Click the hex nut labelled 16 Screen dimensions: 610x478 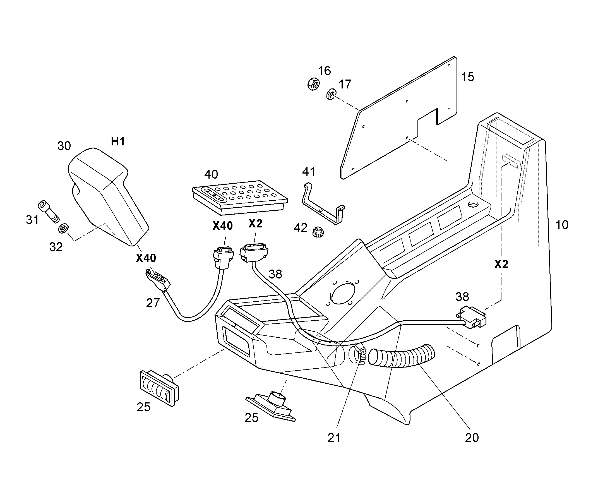tap(314, 84)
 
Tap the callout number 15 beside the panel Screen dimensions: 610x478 tap(468, 77)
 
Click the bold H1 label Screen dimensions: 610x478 tap(118, 141)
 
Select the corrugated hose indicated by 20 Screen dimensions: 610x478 tap(402, 356)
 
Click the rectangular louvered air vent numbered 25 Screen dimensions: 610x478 tap(159, 388)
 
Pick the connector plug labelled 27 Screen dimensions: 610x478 tap(158, 279)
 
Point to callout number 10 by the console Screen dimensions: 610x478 tap(562, 225)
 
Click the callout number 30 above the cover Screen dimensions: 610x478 tap(64, 146)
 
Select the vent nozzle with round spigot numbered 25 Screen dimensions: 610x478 tap(271, 406)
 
